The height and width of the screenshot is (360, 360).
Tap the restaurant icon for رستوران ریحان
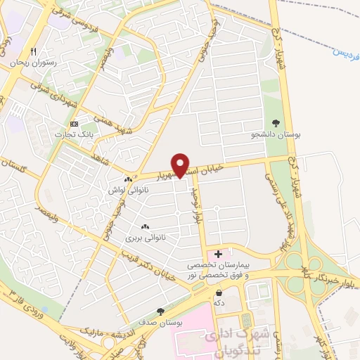[x=32, y=51]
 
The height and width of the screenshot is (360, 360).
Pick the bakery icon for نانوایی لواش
[x=128, y=180]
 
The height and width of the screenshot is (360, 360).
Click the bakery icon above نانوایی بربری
[x=146, y=226]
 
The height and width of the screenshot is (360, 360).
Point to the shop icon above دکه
[x=219, y=292]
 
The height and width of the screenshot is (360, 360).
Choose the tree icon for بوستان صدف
[x=161, y=311]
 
